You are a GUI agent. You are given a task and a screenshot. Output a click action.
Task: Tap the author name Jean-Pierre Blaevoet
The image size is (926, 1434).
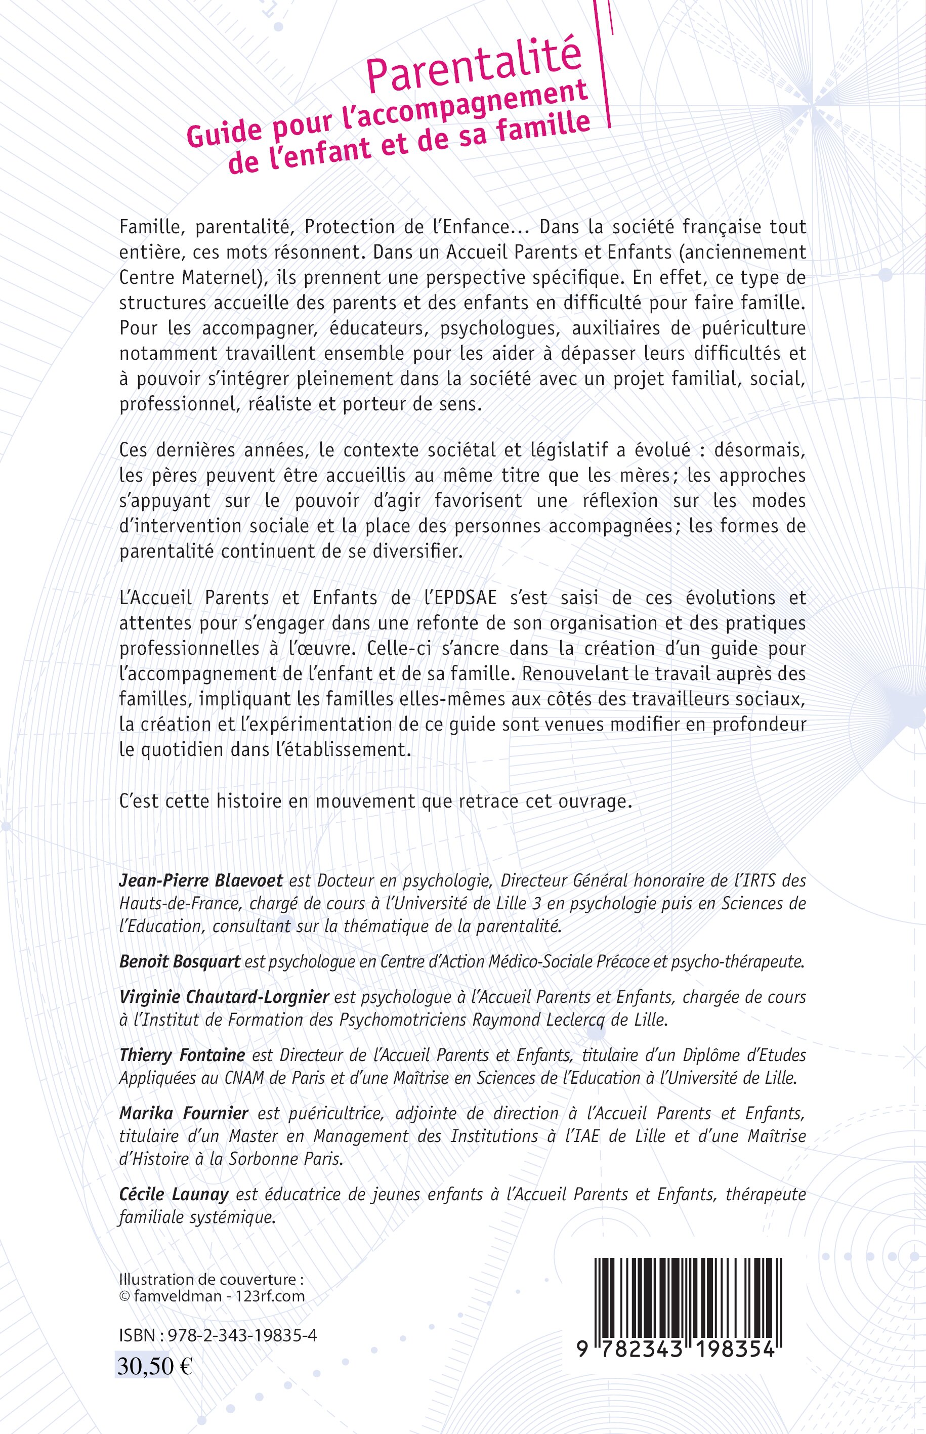201,881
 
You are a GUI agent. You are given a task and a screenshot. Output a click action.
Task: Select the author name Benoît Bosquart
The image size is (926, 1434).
179,961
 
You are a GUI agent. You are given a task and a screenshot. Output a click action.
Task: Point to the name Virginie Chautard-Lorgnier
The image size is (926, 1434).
224,997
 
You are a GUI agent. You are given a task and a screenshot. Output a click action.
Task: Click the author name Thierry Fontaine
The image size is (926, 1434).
182,1055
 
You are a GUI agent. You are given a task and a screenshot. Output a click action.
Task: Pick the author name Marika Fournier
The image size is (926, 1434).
183,1113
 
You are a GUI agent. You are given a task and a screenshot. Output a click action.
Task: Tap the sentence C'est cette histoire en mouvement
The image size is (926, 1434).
376,802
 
